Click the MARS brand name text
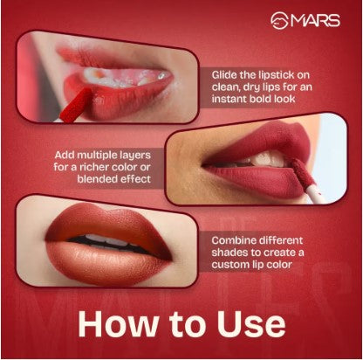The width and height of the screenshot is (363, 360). [316, 20]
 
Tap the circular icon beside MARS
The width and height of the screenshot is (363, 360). [280, 20]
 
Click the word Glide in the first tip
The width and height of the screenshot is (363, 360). [224, 75]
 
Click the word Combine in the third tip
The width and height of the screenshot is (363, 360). [234, 240]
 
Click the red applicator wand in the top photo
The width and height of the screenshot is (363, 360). [76, 105]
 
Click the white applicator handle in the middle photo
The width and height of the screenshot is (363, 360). [314, 194]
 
